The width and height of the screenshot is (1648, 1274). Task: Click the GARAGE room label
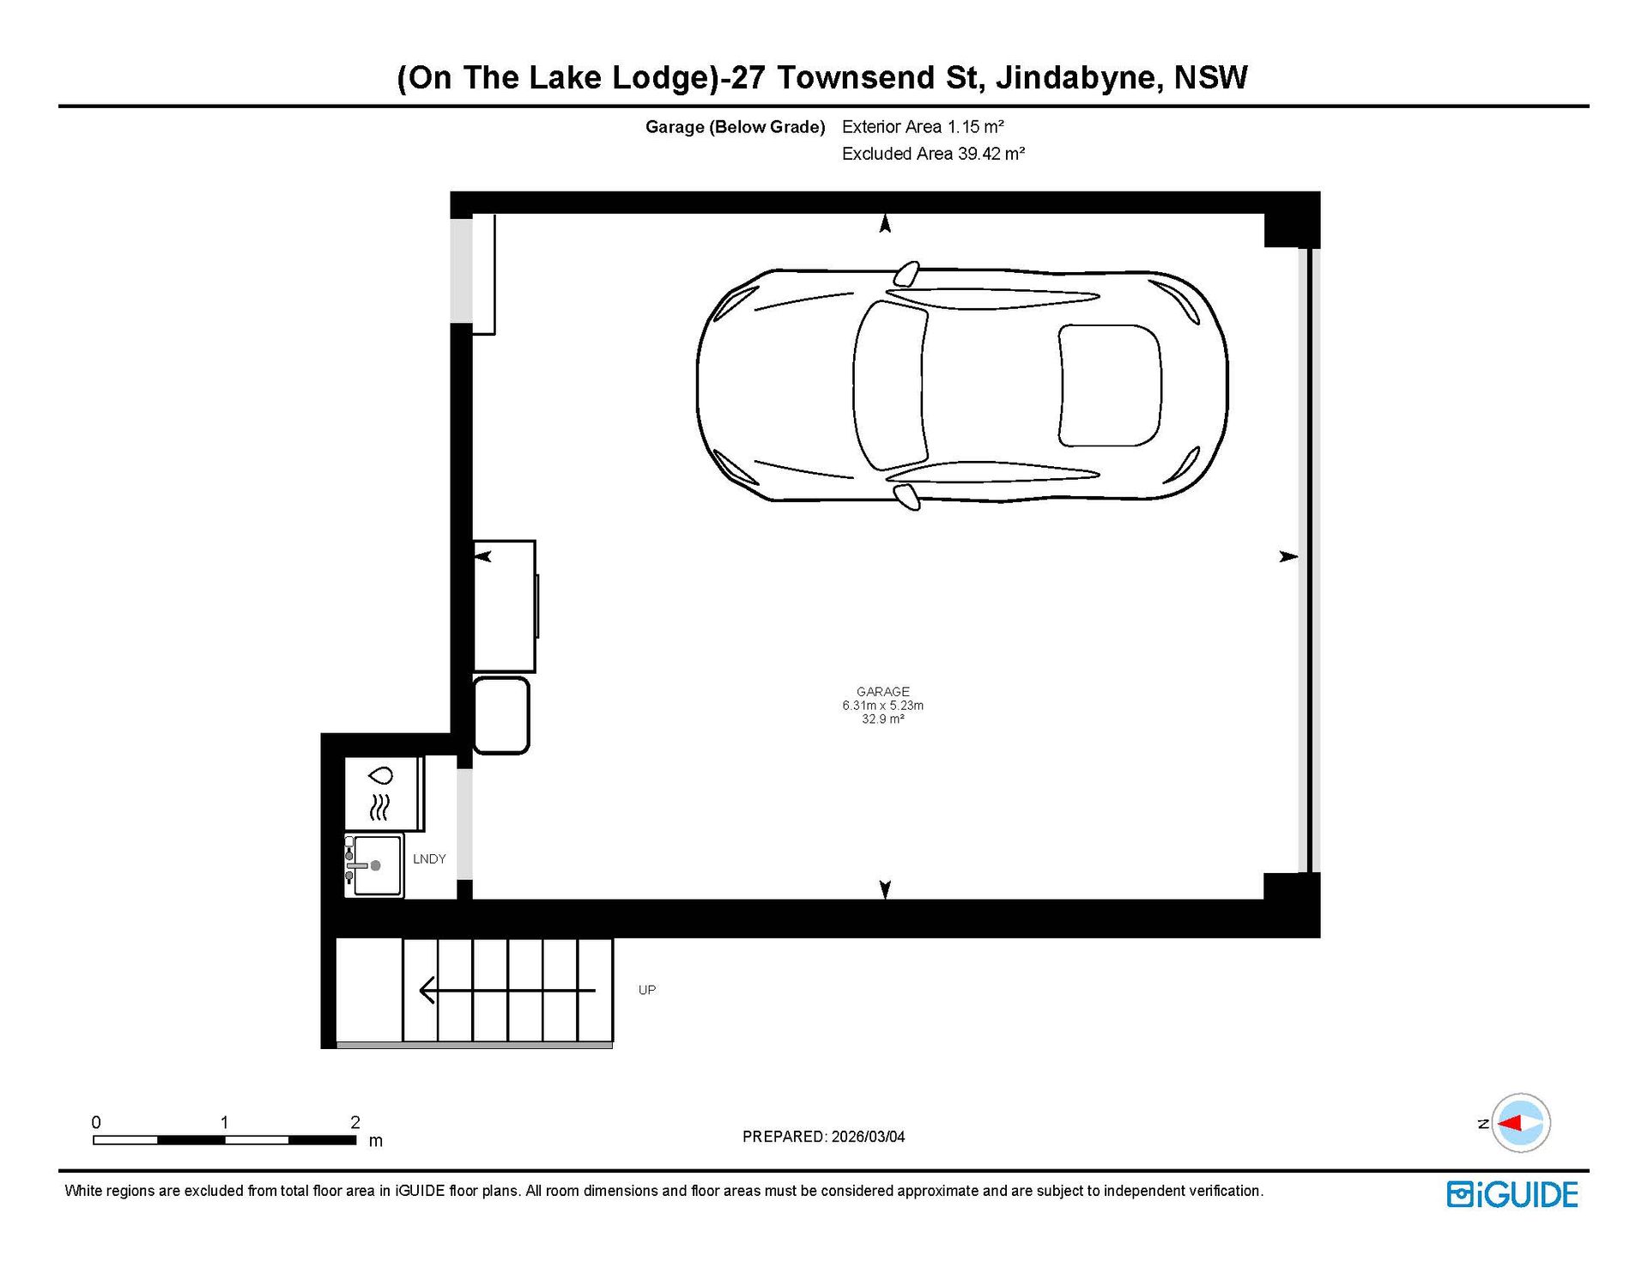pyautogui.click(x=882, y=691)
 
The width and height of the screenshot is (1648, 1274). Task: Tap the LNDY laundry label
pyautogui.click(x=429, y=858)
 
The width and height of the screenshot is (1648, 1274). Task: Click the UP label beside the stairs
pyautogui.click(x=647, y=990)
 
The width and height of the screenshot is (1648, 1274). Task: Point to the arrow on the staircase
pyautogui.click(x=507, y=991)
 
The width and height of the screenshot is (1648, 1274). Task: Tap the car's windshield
pyautogui.click(x=890, y=385)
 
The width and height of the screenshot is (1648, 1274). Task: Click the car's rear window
pyautogui.click(x=1110, y=385)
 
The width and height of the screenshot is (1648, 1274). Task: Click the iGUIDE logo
pyautogui.click(x=1512, y=1194)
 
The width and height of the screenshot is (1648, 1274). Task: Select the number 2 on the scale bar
pyautogui.click(x=355, y=1122)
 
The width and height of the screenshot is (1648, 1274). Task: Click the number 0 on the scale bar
pyautogui.click(x=96, y=1122)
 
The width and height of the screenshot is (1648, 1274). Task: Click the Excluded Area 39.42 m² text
pyautogui.click(x=933, y=154)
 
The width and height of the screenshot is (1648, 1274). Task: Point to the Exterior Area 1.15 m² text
pyautogui.click(x=923, y=127)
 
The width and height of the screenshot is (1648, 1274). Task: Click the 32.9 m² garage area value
pyautogui.click(x=882, y=719)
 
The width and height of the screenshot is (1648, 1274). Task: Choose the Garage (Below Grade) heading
pyautogui.click(x=735, y=127)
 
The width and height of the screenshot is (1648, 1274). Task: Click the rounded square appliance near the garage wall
pyautogui.click(x=501, y=716)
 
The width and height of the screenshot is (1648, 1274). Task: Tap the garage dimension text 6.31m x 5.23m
pyautogui.click(x=882, y=706)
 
